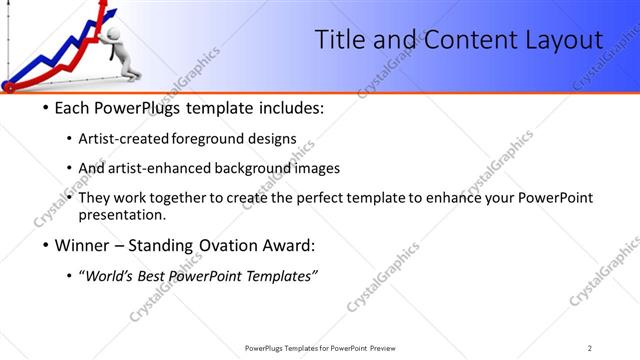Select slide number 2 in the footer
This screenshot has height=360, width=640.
[589, 348]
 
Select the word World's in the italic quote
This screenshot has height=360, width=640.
[111, 276]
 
